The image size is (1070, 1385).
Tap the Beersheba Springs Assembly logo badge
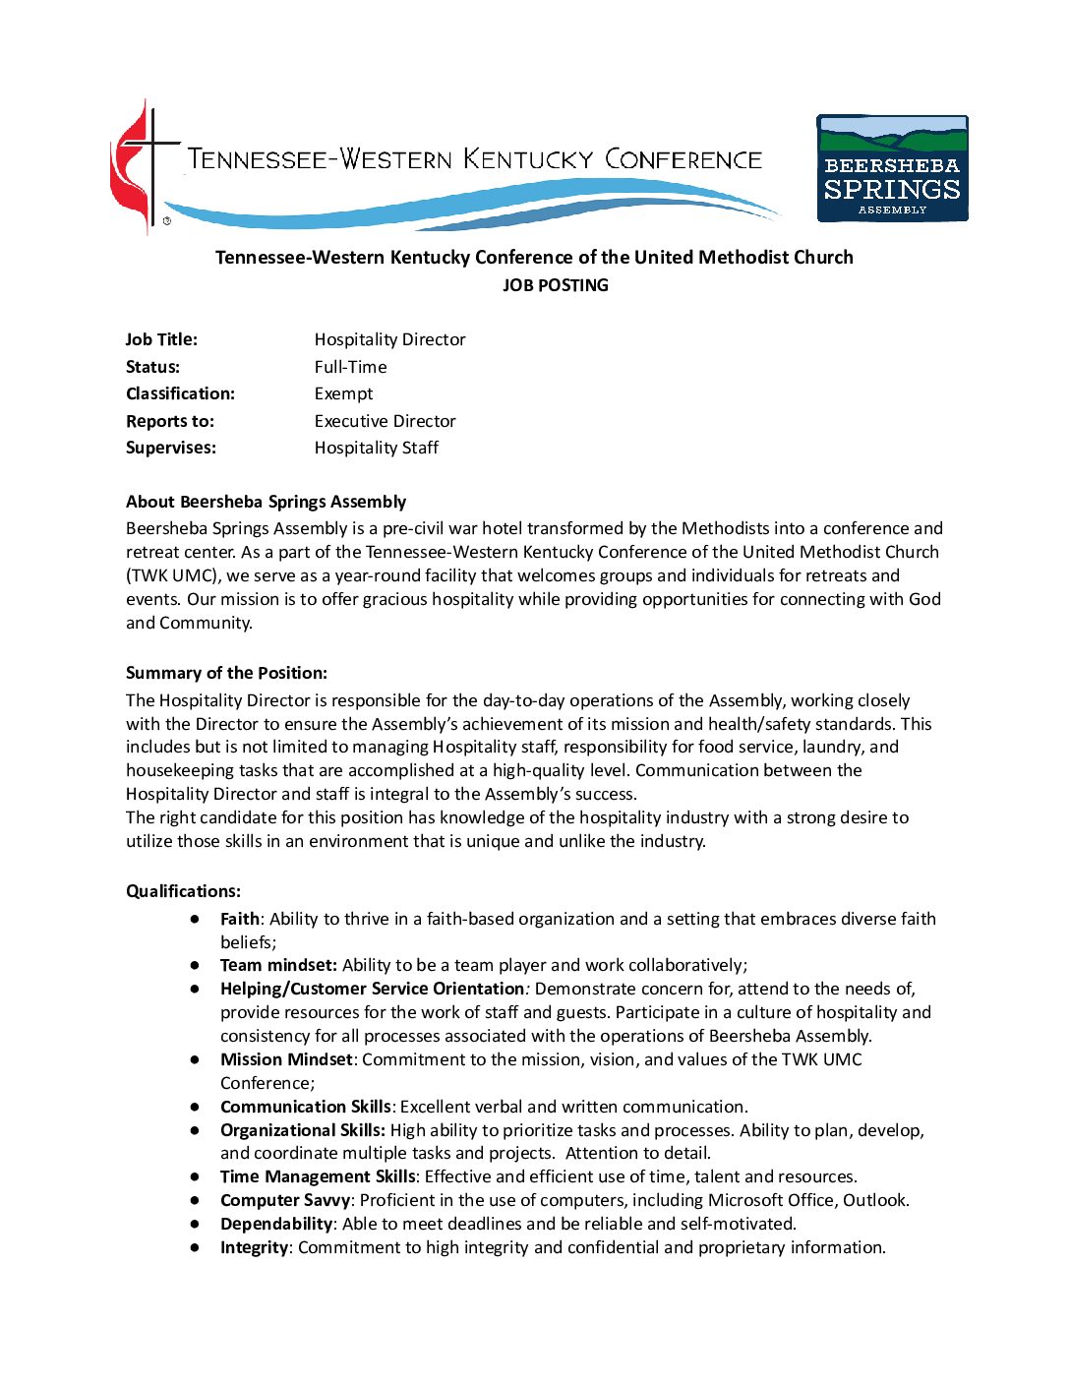(x=892, y=168)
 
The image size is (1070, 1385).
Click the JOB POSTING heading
(x=555, y=285)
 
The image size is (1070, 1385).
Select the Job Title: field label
(x=161, y=339)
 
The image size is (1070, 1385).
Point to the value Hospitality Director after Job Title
(x=389, y=339)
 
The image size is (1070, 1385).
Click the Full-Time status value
(x=350, y=367)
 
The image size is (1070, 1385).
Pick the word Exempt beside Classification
(x=343, y=393)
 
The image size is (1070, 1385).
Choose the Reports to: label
(x=170, y=421)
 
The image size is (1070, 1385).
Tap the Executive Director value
(x=385, y=421)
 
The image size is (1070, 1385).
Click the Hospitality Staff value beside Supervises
(x=376, y=448)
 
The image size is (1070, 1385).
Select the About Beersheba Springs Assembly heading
(x=266, y=502)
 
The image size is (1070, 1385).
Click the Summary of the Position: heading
(x=226, y=673)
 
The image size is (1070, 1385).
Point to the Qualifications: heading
(x=183, y=891)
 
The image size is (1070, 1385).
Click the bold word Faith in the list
(x=240, y=919)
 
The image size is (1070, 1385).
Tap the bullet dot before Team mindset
(x=197, y=965)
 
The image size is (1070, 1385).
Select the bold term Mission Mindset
(x=285, y=1059)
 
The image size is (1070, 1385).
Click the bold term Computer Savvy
(x=284, y=1200)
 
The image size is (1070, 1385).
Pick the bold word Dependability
(x=275, y=1224)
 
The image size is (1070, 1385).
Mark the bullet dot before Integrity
(x=197, y=1247)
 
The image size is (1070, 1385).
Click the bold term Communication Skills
(x=305, y=1107)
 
